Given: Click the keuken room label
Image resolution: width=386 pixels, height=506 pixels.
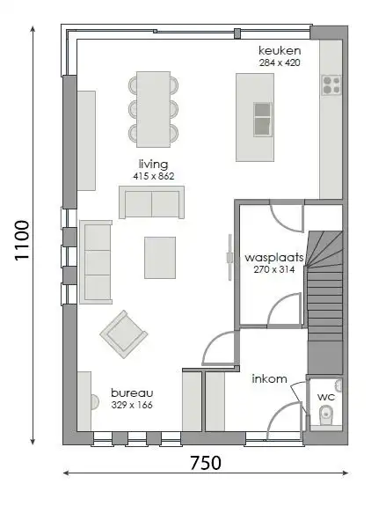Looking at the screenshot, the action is pos(280,51).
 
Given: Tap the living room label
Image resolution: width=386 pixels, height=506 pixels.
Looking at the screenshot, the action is pos(154,165).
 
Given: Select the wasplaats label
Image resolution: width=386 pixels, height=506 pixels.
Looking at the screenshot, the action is pos(274,258).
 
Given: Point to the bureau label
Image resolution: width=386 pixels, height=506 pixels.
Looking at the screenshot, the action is pos(132,393).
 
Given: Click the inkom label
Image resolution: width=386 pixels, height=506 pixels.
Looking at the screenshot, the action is pos(269,378).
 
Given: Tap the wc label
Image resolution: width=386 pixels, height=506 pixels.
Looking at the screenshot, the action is pos(326,397).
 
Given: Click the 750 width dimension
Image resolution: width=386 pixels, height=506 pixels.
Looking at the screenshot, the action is pos(206,463).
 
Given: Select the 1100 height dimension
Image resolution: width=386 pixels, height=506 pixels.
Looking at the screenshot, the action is pos(22,240).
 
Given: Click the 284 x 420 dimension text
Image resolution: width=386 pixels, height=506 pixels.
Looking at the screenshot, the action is pos(280,62).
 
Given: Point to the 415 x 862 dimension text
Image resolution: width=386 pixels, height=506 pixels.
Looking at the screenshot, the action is pos(154,176).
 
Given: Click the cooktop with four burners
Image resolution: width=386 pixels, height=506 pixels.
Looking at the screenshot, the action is pos(331,85).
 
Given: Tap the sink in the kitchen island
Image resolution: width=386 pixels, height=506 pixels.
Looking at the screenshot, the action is pos(263,120).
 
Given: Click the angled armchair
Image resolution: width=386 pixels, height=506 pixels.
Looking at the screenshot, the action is pos(124,334).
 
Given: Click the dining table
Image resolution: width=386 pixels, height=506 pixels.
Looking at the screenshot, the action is pos(153,109).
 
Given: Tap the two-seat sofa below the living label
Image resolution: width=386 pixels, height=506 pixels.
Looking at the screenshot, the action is pos(151,202).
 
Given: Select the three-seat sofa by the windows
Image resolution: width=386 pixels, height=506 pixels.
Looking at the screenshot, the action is pos(96,262).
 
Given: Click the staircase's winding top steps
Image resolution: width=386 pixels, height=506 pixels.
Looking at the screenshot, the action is pos(324,249).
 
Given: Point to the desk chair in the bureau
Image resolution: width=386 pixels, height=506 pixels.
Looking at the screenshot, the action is pos(95,402).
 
